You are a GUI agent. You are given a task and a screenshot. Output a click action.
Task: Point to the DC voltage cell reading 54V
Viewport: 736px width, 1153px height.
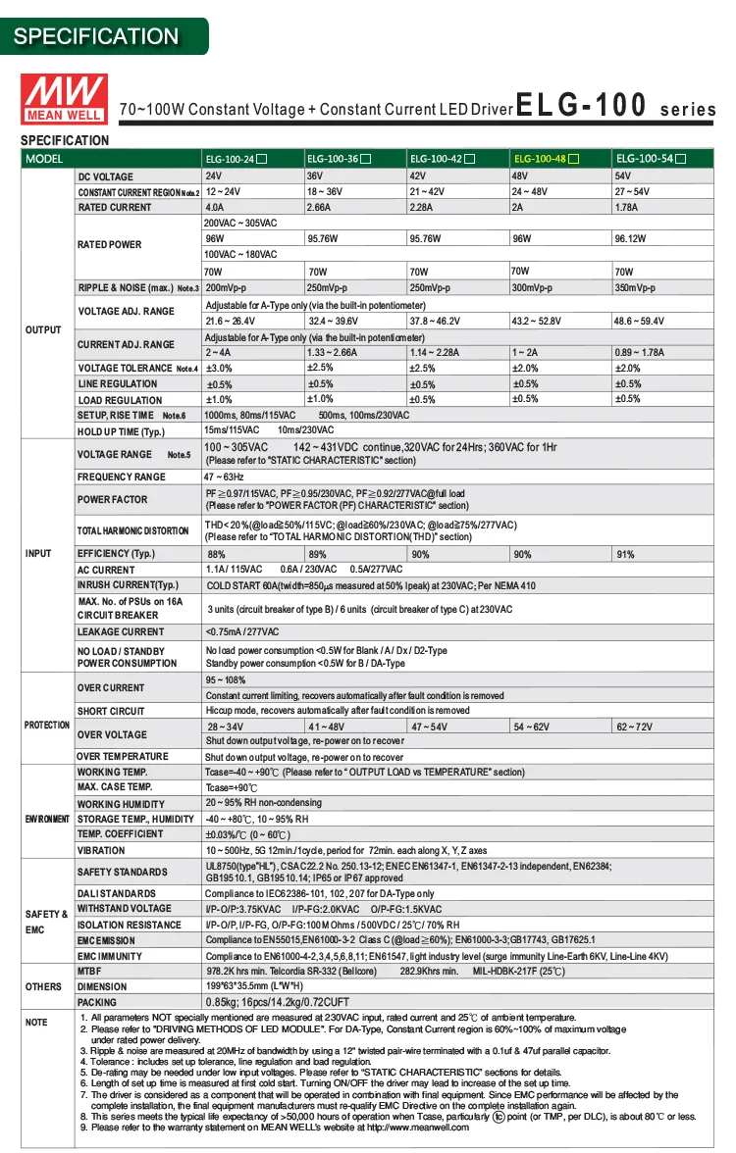click(623, 176)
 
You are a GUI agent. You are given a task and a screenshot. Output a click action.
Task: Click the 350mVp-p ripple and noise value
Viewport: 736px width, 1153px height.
click(635, 288)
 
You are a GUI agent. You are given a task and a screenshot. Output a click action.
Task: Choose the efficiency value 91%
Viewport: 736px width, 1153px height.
click(625, 555)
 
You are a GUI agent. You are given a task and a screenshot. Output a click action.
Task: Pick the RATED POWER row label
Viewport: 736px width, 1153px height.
click(109, 245)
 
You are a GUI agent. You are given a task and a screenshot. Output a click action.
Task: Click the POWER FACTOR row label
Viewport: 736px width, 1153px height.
click(112, 500)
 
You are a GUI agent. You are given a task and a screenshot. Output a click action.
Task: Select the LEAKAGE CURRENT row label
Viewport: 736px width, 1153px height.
click(121, 632)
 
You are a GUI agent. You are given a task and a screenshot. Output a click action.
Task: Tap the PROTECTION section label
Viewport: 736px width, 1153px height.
click(47, 726)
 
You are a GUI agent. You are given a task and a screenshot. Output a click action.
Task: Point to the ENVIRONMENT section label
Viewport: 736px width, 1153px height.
click(47, 819)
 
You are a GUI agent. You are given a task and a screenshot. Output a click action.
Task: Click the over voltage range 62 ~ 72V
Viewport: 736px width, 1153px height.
click(634, 727)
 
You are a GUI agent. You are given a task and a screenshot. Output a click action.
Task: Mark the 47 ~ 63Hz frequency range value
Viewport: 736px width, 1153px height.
click(225, 476)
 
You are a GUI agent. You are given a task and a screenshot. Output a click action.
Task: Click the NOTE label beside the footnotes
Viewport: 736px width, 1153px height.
click(36, 1023)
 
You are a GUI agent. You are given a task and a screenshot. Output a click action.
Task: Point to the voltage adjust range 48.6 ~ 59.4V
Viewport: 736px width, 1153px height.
click(639, 322)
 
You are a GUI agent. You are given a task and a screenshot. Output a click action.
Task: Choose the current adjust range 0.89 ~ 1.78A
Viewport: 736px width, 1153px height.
click(639, 353)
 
